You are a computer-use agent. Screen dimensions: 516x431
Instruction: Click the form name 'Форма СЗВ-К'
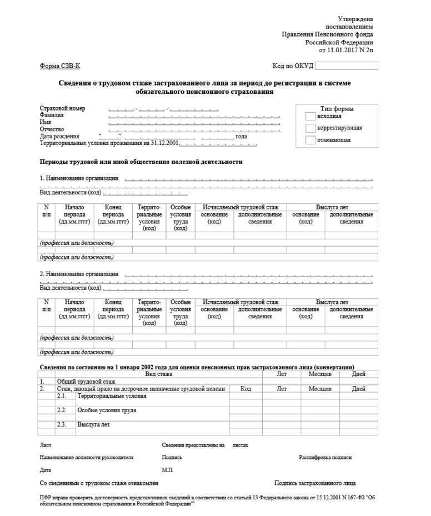(59, 66)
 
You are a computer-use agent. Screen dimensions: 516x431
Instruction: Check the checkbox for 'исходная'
(310, 116)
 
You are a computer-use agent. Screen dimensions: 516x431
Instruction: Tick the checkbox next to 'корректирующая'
(310, 128)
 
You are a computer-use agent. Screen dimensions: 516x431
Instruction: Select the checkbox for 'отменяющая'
(310, 141)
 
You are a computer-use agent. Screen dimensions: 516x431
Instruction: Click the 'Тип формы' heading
(337, 109)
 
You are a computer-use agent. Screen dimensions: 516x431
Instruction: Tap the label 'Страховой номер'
(62, 108)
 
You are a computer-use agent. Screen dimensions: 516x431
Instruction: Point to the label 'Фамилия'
(52, 115)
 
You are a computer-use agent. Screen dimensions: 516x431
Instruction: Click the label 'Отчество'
(52, 129)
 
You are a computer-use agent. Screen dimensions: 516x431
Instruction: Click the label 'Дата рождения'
(59, 136)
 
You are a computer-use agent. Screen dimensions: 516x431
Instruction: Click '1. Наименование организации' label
(79, 178)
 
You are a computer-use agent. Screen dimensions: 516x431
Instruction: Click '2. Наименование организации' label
(79, 274)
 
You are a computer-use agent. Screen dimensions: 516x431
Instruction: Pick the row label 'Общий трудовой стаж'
(86, 382)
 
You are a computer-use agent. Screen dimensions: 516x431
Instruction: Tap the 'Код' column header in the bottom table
(245, 389)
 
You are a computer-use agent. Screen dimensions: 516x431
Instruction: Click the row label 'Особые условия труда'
(107, 410)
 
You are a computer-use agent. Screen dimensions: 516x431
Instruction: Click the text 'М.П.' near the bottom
(168, 470)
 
